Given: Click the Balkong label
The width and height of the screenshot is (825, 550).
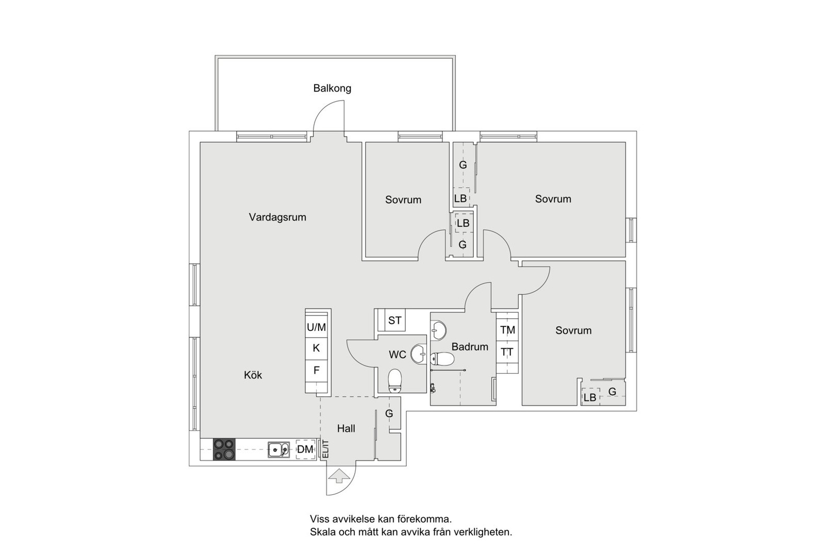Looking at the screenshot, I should coord(332,88).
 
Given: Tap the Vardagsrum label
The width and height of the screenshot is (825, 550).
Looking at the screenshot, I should coord(277,217).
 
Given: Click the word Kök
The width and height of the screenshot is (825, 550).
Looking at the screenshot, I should coord(253,375).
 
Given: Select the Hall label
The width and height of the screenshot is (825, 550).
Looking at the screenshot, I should coord(346,428).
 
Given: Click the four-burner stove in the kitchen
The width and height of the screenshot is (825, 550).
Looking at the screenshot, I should coord(224,449).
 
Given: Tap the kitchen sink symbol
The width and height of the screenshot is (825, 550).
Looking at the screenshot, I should coord(278,450).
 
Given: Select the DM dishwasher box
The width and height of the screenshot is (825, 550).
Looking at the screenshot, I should coord(305,449).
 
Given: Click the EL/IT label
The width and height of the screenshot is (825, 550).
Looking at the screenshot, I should coord(325,449).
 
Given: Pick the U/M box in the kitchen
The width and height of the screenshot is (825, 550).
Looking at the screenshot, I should coord(317,327).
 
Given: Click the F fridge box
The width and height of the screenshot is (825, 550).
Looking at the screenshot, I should coord(317,370).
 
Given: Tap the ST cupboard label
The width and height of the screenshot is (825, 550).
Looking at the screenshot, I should coord(394,321).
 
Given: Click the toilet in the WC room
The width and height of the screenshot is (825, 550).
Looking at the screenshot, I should coord(395,380).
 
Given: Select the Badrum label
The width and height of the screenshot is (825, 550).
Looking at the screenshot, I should coord(470,347).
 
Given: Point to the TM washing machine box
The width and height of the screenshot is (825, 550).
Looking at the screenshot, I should coord(507,330).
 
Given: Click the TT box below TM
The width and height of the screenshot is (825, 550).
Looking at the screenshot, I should coord(507,353).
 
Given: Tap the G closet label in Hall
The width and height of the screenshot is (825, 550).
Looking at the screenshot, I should coord(389,413).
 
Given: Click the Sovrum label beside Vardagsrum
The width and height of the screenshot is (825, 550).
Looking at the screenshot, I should coord(403,199).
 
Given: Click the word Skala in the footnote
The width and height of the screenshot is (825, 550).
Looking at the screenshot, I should coord(322,532).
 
